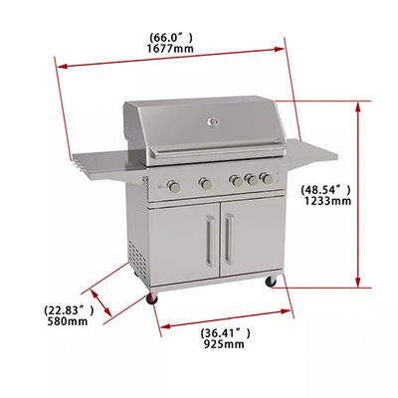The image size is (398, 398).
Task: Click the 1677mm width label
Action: pos(170,49)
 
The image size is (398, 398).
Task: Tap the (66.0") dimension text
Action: pos(170,37)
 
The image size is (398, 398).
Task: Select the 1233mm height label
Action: pos(327,201)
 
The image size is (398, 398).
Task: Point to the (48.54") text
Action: pos(325,190)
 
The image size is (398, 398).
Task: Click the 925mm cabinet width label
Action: pos(224,344)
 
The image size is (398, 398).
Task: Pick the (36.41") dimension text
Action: pos(226,333)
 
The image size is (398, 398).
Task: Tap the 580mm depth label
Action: pos(68,321)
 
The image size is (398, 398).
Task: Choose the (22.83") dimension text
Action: pos(69,310)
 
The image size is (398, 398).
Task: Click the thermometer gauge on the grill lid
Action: pos(213,122)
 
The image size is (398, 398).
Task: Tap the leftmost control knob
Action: pos(173,186)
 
